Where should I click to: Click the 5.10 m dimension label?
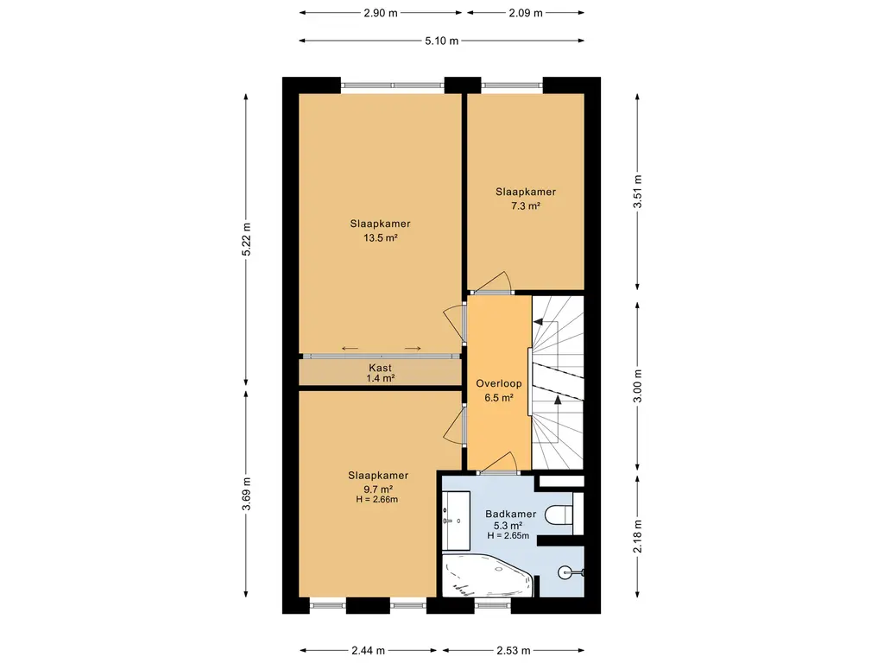click(441, 41)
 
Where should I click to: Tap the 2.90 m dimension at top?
click(381, 13)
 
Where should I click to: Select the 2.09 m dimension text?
click(526, 13)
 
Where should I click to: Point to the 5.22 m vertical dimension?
click(246, 240)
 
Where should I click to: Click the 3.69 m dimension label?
click(246, 494)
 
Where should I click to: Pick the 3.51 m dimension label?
click(638, 192)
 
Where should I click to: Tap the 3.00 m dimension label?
click(638, 386)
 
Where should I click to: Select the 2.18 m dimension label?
click(638, 536)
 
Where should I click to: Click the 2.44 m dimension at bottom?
click(368, 651)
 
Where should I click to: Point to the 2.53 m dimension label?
click(513, 651)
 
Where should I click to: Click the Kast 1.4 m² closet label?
click(381, 373)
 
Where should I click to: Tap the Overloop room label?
click(499, 384)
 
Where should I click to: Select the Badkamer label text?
click(511, 515)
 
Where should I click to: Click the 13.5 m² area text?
click(381, 238)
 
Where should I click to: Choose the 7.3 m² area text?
click(526, 205)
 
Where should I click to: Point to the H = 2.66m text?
click(377, 500)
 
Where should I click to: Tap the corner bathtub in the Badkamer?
click(487, 575)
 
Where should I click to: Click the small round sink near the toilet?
click(566, 573)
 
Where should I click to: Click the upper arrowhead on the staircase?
click(538, 322)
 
